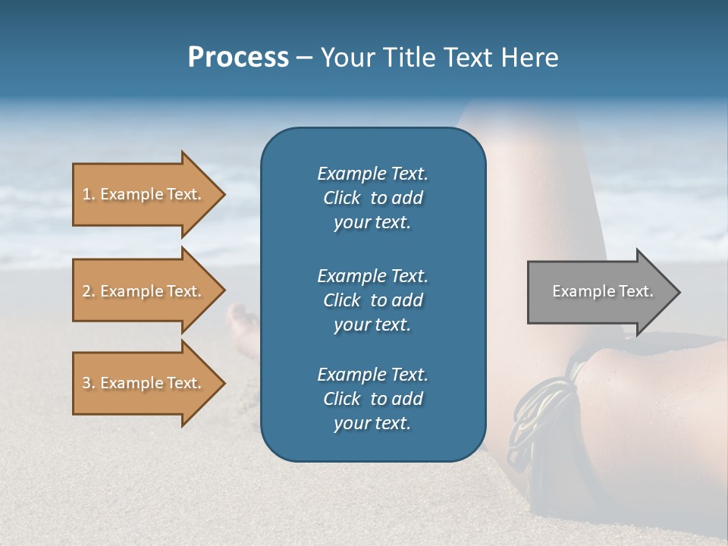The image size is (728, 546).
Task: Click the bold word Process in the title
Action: [238, 58]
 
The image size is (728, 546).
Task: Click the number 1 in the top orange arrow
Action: [86, 194]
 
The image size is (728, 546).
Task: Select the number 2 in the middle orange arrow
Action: [86, 291]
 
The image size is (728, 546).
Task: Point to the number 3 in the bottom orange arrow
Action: [86, 383]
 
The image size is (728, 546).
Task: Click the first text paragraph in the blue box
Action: [372, 198]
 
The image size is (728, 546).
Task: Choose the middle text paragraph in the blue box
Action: [372, 300]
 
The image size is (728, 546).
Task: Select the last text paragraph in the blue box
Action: [372, 399]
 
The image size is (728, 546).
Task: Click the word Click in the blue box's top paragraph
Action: [341, 198]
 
